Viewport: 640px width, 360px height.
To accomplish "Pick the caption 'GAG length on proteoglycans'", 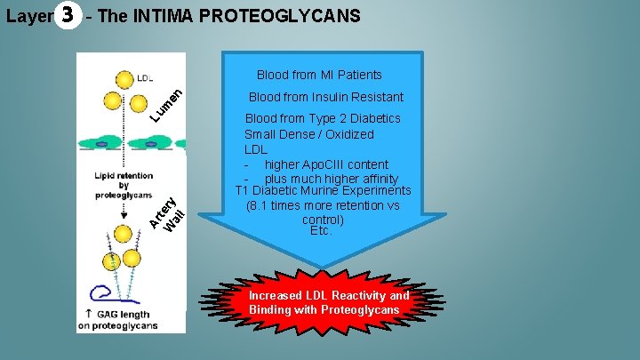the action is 121,320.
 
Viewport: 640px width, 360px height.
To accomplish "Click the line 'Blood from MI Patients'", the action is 319,75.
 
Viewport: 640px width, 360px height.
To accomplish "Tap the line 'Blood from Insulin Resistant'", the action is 325,97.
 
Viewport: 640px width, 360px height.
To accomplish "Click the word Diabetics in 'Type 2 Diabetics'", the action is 373,118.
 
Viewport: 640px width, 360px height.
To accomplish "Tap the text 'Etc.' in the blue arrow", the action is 321,230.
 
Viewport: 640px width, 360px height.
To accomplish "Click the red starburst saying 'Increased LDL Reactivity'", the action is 330,302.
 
